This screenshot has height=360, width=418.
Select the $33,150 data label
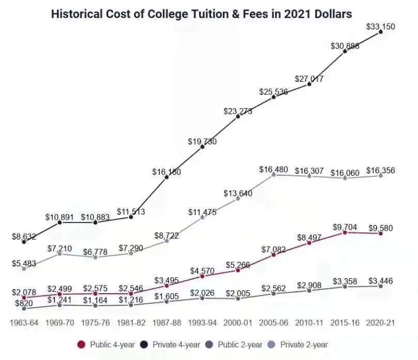pyautogui.click(x=381, y=26)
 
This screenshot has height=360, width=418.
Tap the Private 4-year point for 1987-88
pyautogui.click(x=167, y=177)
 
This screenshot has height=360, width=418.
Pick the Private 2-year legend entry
pyautogui.click(x=300, y=344)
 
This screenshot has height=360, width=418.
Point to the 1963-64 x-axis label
pyautogui.click(x=24, y=322)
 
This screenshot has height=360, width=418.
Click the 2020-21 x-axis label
pyautogui.click(x=381, y=322)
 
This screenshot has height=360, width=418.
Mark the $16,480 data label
pyautogui.click(x=273, y=169)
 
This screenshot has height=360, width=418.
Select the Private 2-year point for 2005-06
pyautogui.click(x=274, y=175)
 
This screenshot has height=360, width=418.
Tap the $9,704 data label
pyautogui.click(x=345, y=227)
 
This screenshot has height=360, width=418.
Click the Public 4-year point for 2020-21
pyautogui.click(x=381, y=234)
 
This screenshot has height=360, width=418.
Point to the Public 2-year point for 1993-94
pyautogui.click(x=202, y=298)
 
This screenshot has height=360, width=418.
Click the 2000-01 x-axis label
pyautogui.click(x=238, y=322)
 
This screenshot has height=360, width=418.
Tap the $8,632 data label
pyautogui.click(x=24, y=236)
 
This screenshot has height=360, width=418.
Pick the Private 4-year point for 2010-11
pyautogui.click(x=309, y=84)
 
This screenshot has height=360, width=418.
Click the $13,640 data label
pyautogui.click(x=238, y=193)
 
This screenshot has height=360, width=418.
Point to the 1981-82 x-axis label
pyautogui.click(x=131, y=322)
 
